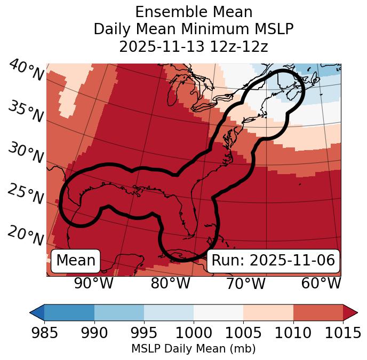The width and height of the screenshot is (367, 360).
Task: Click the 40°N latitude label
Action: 26,71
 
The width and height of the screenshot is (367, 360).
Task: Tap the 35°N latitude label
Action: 26,112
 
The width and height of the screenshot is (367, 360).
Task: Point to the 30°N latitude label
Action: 26,153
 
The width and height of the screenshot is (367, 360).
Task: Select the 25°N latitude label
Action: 26,194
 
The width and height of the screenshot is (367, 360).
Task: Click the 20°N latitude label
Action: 26,235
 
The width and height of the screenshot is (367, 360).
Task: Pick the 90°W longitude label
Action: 94,283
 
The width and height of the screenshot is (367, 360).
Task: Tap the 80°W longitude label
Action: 170,283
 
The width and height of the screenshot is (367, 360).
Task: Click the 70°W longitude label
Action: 245,283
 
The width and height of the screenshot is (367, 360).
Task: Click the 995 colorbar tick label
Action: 144,333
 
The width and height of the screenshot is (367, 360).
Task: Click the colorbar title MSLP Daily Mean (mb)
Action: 193,349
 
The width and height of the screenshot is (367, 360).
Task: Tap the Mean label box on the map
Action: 76,261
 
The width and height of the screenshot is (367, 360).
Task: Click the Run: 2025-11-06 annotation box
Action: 273,261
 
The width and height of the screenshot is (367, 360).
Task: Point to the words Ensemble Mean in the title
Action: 194,12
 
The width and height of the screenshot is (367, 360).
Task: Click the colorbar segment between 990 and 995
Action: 119,312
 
